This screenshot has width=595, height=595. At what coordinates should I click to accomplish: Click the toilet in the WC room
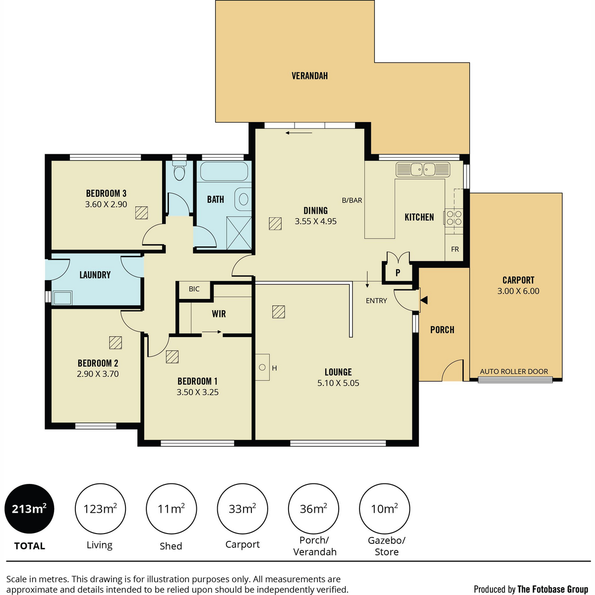click(x=179, y=170)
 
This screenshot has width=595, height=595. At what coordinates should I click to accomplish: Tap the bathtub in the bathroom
click(x=224, y=171)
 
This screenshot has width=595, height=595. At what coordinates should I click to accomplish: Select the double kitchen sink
click(x=423, y=169)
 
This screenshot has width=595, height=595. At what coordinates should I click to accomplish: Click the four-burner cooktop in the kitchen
click(x=454, y=217)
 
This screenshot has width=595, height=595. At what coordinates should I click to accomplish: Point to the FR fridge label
click(x=455, y=249)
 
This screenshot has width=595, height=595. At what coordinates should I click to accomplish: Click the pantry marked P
click(x=398, y=272)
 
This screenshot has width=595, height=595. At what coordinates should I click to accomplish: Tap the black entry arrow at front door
click(x=424, y=300)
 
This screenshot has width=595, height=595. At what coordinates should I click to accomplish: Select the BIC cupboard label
click(x=194, y=289)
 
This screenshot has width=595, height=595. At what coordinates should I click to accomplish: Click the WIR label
click(x=219, y=314)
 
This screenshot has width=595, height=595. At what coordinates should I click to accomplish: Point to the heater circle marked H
click(x=262, y=367)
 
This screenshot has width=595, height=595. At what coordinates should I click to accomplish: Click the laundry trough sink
click(x=62, y=298)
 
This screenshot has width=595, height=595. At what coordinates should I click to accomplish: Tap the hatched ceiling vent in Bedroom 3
click(x=141, y=213)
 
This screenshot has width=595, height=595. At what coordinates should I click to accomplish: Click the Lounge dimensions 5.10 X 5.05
click(x=338, y=383)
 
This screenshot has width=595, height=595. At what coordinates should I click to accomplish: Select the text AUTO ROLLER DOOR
click(x=514, y=371)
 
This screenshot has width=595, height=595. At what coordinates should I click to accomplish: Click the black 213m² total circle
click(x=29, y=509)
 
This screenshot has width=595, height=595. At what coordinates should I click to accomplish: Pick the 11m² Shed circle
click(x=172, y=509)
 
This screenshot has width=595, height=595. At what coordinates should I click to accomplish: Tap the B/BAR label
click(x=352, y=200)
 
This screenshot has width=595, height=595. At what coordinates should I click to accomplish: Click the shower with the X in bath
click(x=238, y=233)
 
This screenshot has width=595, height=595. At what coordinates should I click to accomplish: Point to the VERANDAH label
click(x=310, y=76)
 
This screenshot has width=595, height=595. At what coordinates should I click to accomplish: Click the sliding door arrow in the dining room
click(x=299, y=133)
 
